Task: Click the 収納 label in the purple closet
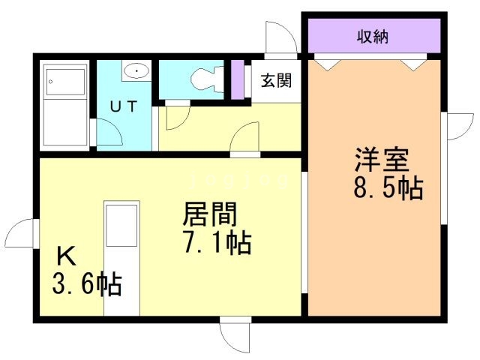(x=371, y=36)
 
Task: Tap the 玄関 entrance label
(x=276, y=79)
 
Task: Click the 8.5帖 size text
(x=388, y=187)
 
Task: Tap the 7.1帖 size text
(x=217, y=242)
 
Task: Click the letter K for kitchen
(x=66, y=257)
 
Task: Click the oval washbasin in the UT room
(x=136, y=71)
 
